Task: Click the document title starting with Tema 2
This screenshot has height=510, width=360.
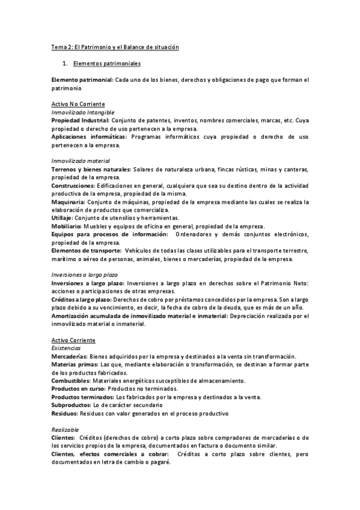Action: pos(115,47)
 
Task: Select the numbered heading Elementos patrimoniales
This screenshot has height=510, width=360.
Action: pos(106,63)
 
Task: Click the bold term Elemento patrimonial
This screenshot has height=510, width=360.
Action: pos(82,79)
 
